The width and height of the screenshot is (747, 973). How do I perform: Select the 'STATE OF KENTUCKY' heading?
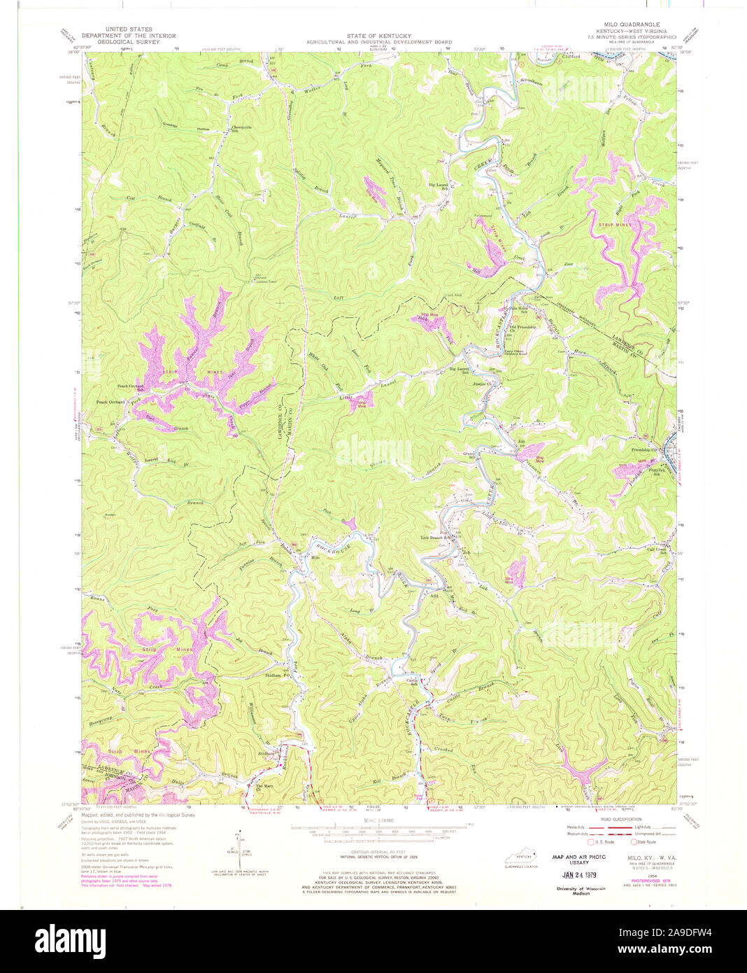tap(378, 36)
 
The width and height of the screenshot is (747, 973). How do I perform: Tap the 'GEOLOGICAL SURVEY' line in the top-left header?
tap(129, 42)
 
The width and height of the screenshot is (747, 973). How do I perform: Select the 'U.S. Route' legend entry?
tap(602, 842)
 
